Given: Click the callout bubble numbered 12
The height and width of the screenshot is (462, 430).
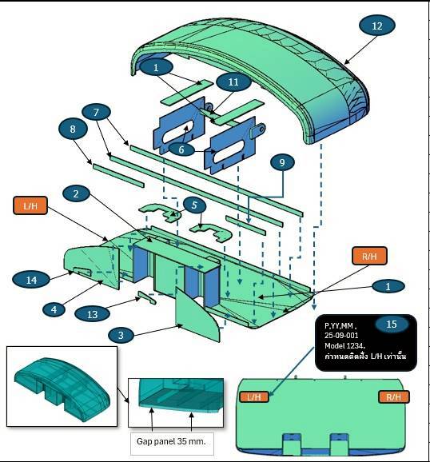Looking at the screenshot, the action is pyautogui.click(x=377, y=26).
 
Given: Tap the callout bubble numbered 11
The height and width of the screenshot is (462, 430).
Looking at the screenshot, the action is pyautogui.click(x=233, y=82).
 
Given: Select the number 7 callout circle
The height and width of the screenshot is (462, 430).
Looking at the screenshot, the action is pyautogui.click(x=97, y=112).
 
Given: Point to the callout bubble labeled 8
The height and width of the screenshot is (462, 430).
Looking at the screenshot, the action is pyautogui.click(x=73, y=129).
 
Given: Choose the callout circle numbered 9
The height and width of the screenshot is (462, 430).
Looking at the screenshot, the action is pyautogui.click(x=282, y=162).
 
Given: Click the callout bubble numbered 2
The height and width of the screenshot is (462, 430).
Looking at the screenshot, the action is pyautogui.click(x=76, y=193).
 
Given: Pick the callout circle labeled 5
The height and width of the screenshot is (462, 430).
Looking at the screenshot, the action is pyautogui.click(x=194, y=205).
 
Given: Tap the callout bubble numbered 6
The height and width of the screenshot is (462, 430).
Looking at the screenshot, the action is pyautogui.click(x=181, y=149).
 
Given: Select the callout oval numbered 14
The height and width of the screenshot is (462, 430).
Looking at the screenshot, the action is pyautogui.click(x=31, y=280).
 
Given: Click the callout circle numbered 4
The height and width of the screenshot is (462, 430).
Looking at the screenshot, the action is pyautogui.click(x=54, y=309).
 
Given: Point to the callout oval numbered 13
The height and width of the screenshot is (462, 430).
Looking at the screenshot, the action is pyautogui.click(x=92, y=314).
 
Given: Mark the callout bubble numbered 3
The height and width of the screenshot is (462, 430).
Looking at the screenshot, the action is pyautogui.click(x=121, y=335).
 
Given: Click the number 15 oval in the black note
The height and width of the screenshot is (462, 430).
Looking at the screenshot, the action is pyautogui.click(x=392, y=324).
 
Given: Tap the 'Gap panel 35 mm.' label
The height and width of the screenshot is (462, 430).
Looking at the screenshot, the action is pyautogui.click(x=171, y=441).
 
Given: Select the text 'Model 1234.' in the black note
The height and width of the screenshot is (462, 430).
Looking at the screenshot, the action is pyautogui.click(x=344, y=345).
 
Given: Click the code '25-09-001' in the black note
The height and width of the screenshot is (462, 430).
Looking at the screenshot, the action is pyautogui.click(x=341, y=335).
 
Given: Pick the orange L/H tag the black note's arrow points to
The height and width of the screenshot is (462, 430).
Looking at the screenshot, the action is pyautogui.click(x=254, y=397).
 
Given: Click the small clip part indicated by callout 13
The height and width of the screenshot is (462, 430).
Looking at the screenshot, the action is pyautogui.click(x=147, y=297).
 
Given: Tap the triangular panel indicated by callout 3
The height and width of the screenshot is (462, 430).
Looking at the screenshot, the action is pyautogui.click(x=197, y=315).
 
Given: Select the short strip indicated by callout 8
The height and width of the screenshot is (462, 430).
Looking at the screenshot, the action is pyautogui.click(x=118, y=175).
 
